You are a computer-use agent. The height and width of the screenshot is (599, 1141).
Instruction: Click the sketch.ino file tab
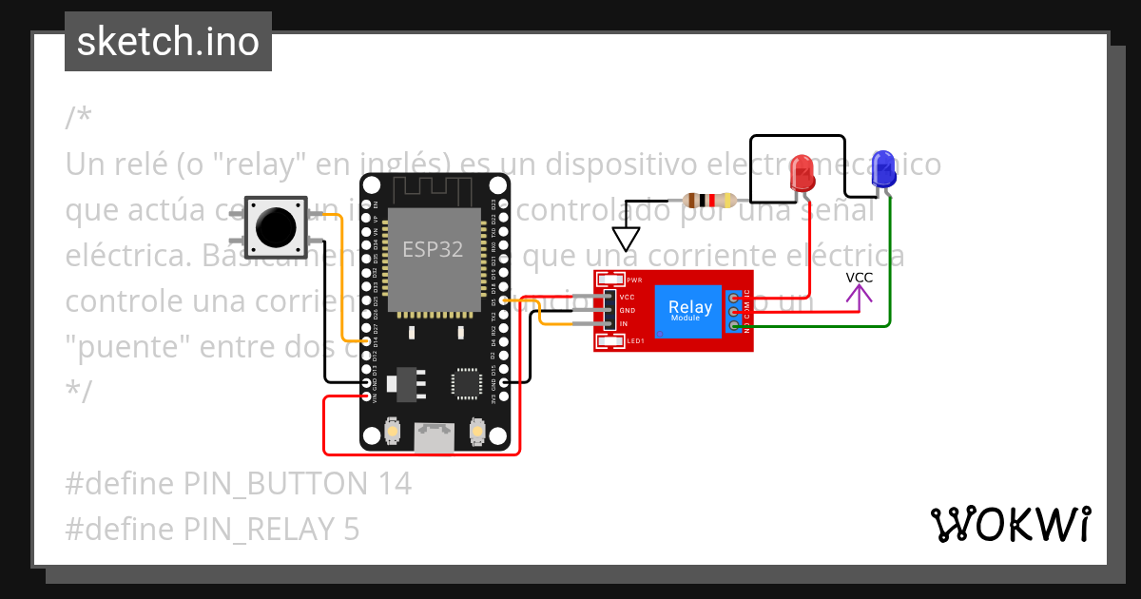tap(168, 42)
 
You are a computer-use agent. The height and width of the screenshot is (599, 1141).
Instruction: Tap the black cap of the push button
tap(276, 225)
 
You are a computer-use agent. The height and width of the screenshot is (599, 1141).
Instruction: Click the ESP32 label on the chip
tap(433, 249)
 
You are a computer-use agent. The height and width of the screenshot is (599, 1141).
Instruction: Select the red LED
tap(803, 174)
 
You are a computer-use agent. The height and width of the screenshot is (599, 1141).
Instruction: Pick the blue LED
tap(883, 170)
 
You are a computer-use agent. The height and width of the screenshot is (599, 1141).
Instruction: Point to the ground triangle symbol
tap(626, 238)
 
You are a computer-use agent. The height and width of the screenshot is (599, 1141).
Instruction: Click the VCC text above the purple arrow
tap(860, 278)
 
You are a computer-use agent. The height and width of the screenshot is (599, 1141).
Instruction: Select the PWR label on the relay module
tap(634, 280)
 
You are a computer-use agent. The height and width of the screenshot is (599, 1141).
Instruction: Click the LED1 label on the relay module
tap(634, 340)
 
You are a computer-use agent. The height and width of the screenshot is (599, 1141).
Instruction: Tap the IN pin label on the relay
tap(624, 324)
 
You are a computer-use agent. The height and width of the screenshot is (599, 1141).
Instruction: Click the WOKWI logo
tap(1010, 524)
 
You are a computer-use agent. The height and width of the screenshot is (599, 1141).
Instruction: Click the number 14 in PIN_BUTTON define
tap(391, 484)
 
